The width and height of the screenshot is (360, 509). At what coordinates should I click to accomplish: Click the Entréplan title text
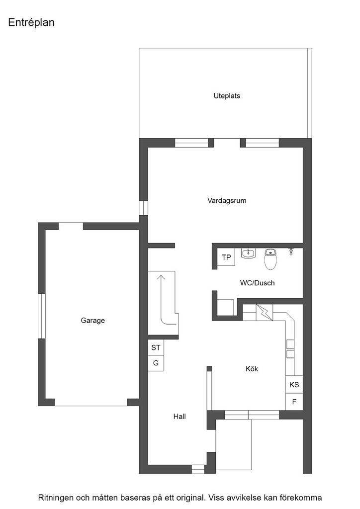tap(31, 22)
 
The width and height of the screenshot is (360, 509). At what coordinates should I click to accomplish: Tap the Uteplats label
tap(227, 96)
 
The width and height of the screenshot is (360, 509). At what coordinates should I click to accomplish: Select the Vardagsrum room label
tap(227, 200)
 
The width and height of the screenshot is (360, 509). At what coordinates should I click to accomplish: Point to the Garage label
tap(92, 321)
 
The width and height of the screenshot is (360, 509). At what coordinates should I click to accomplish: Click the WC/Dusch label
tap(258, 283)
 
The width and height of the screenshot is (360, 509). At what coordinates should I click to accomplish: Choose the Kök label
tap(252, 368)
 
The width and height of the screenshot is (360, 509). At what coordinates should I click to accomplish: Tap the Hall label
tap(180, 416)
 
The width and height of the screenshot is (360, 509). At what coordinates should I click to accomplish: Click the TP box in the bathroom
tap(226, 257)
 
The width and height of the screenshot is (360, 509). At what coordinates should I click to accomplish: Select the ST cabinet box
tap(156, 347)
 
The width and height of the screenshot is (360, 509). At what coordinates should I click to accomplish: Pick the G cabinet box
tap(156, 363)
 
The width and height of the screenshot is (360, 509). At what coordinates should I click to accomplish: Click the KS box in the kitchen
tap(294, 385)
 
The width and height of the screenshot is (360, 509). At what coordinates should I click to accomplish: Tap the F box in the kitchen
tap(294, 402)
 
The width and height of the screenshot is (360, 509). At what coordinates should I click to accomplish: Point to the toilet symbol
tap(270, 259)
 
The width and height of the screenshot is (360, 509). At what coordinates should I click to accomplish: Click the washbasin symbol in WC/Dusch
tap(248, 253)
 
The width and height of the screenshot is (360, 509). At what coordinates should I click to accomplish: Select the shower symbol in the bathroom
tap(291, 251)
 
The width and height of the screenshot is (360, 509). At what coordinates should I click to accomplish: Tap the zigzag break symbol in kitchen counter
tap(264, 312)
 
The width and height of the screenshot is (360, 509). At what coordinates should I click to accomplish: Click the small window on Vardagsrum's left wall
tap(143, 208)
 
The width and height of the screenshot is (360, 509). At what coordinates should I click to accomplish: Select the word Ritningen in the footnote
tap(55, 498)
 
